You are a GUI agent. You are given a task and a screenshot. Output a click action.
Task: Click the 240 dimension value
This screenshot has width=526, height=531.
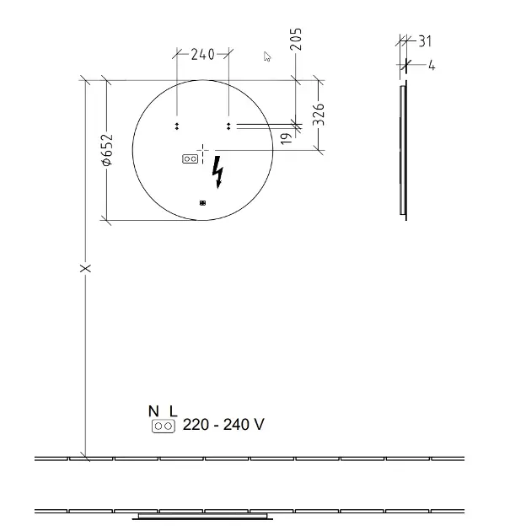click(x=202, y=54)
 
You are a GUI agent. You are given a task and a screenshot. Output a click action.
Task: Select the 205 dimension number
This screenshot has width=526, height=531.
click(x=296, y=40)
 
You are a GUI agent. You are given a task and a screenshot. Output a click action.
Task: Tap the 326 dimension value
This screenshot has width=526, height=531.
click(x=319, y=115)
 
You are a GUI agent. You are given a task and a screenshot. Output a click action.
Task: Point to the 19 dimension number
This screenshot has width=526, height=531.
click(x=287, y=138)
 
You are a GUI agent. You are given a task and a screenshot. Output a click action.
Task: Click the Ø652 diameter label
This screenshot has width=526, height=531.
click(x=107, y=150)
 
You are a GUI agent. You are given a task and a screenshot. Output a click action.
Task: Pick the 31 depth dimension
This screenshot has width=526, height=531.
click(x=425, y=41)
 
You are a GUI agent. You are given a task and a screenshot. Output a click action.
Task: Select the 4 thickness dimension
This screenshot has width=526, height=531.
click(x=432, y=65)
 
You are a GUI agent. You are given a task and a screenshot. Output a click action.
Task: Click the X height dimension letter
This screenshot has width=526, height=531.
click(x=85, y=268)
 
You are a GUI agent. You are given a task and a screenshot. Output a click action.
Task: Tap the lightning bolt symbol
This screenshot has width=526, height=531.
click(x=217, y=172)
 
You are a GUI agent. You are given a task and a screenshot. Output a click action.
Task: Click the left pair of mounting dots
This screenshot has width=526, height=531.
click(x=177, y=126)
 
